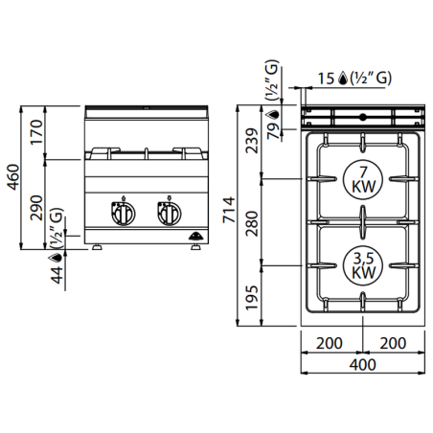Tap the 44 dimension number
pyautogui.click(x=57, y=274)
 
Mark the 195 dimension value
pyautogui.click(x=252, y=296)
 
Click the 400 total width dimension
pyautogui.click(x=361, y=365)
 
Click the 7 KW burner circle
pyautogui.click(x=361, y=178)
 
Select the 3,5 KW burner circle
pyautogui.click(x=361, y=265)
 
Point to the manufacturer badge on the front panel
pyautogui.click(x=194, y=233)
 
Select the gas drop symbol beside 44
pyautogui.click(x=57, y=256)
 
